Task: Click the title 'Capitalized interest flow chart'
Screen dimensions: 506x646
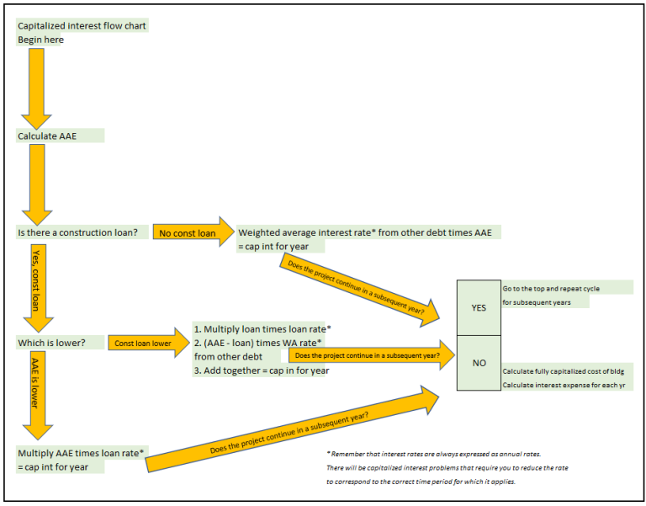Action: pyautogui.click(x=82, y=26)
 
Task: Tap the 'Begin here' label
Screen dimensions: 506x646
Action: pyautogui.click(x=40, y=40)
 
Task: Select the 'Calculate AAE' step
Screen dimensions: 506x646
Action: pyautogui.click(x=49, y=136)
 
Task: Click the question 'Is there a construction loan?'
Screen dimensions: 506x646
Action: pyautogui.click(x=77, y=232)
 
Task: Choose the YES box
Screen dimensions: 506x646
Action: pyautogui.click(x=479, y=307)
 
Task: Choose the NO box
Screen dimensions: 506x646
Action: pyautogui.click(x=479, y=363)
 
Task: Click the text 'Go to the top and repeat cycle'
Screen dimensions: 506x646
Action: pyautogui.click(x=551, y=288)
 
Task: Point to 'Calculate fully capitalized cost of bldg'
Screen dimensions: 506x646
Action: pyautogui.click(x=562, y=371)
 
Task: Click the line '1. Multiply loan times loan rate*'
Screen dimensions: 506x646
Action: pyautogui.click(x=262, y=328)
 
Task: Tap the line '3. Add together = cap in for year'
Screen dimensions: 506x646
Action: pyautogui.click(x=261, y=370)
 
